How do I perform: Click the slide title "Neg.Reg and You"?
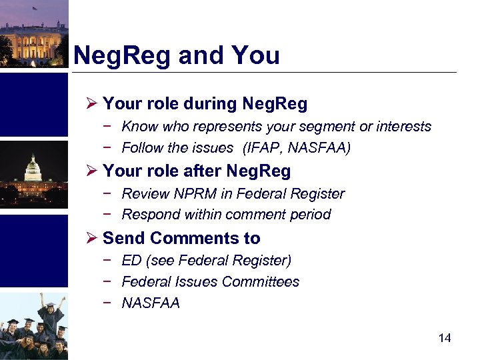click(x=176, y=55)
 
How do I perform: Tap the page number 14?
click(x=445, y=338)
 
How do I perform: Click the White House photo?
click(x=33, y=33)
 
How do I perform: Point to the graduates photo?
click(x=33, y=327)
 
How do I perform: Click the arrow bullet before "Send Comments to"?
click(x=92, y=238)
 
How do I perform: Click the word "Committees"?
click(x=261, y=282)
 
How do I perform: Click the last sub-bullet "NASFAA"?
click(x=151, y=303)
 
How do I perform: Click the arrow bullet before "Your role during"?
click(x=92, y=104)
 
